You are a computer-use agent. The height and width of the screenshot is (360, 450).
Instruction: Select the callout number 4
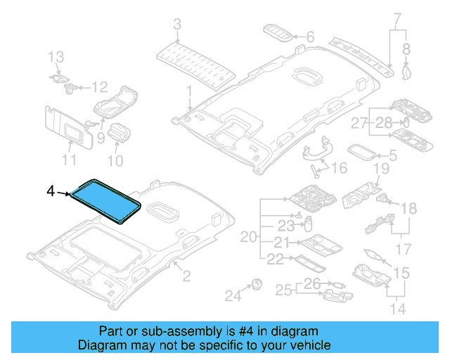[x=50, y=191]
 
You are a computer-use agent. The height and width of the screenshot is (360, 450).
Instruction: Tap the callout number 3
[x=176, y=25]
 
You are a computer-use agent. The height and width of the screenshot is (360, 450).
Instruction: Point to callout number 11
[x=68, y=160]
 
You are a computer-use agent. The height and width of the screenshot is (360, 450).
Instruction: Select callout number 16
[x=340, y=168]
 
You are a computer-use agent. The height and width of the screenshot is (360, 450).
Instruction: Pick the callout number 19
[x=381, y=169]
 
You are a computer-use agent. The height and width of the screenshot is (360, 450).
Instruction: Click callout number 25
[x=283, y=290]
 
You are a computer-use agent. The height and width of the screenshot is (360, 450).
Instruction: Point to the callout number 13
[x=56, y=56]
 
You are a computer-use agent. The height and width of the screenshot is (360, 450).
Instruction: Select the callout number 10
[x=115, y=161]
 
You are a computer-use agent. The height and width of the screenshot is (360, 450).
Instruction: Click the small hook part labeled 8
[x=405, y=69]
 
